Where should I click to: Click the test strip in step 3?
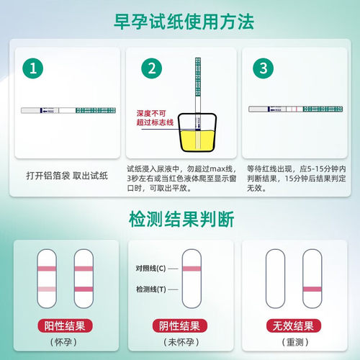tap(294, 109)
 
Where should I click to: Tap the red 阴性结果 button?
tap(180, 326)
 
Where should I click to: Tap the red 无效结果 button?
tap(296, 326)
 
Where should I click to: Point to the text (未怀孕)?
tap(180, 342)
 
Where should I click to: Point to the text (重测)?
tap(296, 342)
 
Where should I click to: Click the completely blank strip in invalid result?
tap(277, 277)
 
